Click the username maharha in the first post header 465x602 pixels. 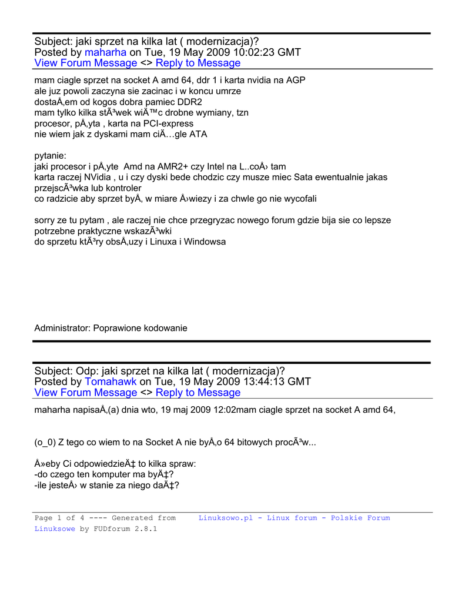click(x=106, y=52)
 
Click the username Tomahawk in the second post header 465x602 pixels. click(x=111, y=382)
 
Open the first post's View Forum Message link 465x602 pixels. click(x=86, y=63)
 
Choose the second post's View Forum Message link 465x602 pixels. click(x=86, y=392)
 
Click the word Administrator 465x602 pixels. click(x=62, y=328)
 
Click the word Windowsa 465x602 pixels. click(x=205, y=242)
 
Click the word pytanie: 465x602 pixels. click(x=51, y=156)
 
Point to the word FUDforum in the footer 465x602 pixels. click(x=112, y=529)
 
